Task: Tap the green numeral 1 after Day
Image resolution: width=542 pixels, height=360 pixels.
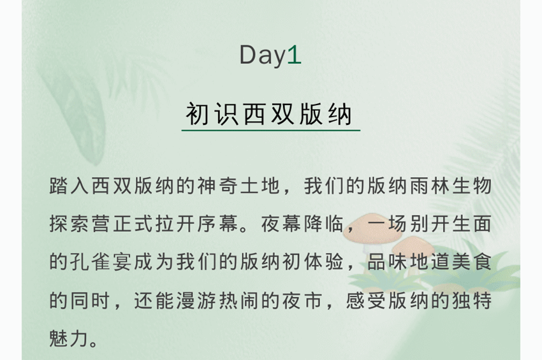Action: point(294,55)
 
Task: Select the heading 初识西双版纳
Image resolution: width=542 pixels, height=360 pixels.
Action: point(269,113)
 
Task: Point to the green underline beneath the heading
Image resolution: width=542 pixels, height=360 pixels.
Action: point(271,131)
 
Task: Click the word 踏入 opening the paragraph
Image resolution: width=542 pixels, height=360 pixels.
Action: point(70,186)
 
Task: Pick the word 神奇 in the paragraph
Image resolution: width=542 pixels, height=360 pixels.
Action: point(218,186)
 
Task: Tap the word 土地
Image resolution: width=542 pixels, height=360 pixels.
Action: point(260,186)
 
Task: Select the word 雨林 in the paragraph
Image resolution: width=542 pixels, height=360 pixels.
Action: point(429,186)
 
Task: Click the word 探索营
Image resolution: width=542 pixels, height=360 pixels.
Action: point(80,224)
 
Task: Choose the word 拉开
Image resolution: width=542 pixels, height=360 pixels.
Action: point(175,224)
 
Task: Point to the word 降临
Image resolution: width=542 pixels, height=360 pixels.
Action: point(323,224)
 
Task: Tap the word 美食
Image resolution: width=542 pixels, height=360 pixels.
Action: point(471,262)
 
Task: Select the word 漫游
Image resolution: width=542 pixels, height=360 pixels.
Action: point(196,300)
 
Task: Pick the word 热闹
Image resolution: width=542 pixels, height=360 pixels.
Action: point(239,300)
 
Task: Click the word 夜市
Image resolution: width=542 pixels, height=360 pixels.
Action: point(302,300)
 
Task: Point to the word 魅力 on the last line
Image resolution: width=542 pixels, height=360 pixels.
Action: point(70,338)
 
